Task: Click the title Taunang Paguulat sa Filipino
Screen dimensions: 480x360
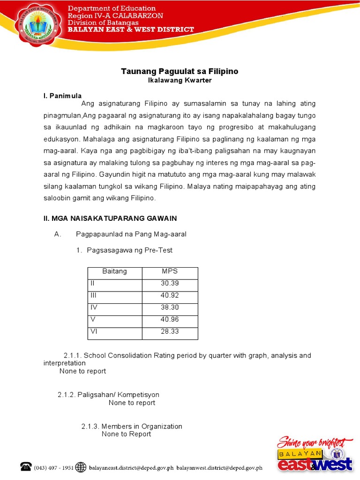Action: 180,71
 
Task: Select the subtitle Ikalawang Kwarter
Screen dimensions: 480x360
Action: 180,80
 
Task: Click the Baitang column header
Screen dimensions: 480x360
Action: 114,271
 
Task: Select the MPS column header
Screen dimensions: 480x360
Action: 170,271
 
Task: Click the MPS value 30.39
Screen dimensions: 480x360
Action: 170,284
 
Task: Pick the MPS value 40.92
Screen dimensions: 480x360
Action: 170,296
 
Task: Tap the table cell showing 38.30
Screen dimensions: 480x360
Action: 170,308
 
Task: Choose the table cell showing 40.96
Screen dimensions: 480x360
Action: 170,320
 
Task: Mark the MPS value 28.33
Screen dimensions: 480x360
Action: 170,332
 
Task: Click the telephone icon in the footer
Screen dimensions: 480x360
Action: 26,466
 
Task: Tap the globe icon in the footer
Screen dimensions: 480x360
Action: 81,467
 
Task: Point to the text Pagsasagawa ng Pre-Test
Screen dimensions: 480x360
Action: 129,250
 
